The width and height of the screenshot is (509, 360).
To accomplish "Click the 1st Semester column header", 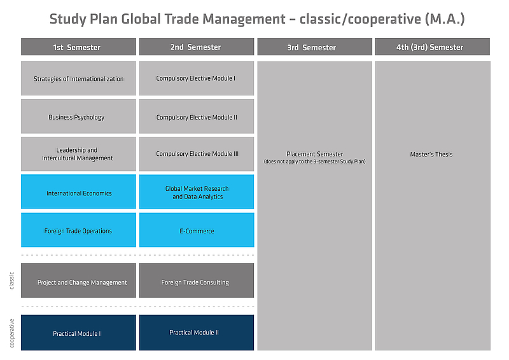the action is pyautogui.click(x=78, y=47).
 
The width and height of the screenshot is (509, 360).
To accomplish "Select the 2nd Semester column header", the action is pyautogui.click(x=197, y=47).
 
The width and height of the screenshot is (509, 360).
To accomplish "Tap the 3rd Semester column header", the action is pyautogui.click(x=315, y=47).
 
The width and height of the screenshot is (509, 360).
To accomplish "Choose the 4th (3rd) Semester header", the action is pyautogui.click(x=433, y=47).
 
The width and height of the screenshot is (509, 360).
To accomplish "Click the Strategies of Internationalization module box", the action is pyautogui.click(x=78, y=79).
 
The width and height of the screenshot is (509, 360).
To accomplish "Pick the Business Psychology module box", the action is pyautogui.click(x=78, y=116).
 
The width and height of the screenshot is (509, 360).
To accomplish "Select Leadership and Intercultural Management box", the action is pyautogui.click(x=78, y=154).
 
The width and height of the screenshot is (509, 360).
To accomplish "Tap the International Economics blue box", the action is pyautogui.click(x=78, y=192).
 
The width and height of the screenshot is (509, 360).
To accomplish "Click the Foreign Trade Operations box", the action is pyautogui.click(x=78, y=230).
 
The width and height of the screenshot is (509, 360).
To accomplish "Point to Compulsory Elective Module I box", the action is pyautogui.click(x=197, y=79).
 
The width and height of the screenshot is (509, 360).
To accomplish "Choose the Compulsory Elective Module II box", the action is pyautogui.click(x=197, y=116).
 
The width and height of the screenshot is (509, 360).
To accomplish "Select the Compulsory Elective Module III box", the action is pyautogui.click(x=197, y=154).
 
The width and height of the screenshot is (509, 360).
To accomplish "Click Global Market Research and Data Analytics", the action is pyautogui.click(x=197, y=192).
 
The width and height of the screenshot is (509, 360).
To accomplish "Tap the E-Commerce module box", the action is pyautogui.click(x=197, y=230).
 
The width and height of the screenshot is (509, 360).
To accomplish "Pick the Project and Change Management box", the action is pyautogui.click(x=78, y=280).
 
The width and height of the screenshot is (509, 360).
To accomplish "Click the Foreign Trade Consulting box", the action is pyautogui.click(x=197, y=280).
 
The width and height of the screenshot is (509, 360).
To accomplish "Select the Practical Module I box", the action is pyautogui.click(x=78, y=333).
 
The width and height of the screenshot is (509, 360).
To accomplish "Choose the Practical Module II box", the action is pyautogui.click(x=197, y=333).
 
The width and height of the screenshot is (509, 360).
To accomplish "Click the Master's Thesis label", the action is pyautogui.click(x=431, y=155).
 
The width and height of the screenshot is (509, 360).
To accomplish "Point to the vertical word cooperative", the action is pyautogui.click(x=11, y=333).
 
